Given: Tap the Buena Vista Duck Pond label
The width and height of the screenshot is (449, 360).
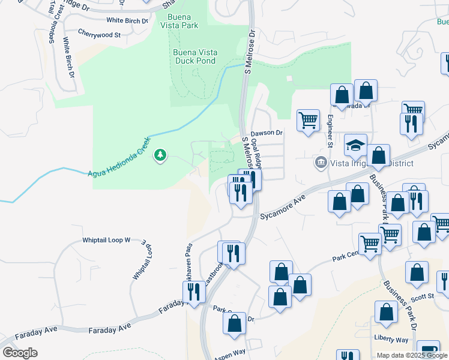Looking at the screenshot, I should pyautogui.click(x=195, y=56).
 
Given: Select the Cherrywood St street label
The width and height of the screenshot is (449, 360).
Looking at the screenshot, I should pyautogui.click(x=100, y=35).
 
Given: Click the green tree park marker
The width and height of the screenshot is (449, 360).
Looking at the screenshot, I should pyautogui.click(x=160, y=156).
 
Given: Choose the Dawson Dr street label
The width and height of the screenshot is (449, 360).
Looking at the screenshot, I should pyautogui.click(x=267, y=133).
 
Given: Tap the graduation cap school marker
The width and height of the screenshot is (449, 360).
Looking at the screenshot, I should pyautogui.click(x=355, y=145).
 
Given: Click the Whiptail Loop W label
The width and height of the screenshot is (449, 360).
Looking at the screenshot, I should pyautogui.click(x=106, y=240).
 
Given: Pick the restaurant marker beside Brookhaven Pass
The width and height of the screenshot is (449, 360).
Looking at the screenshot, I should pyautogui.click(x=193, y=292).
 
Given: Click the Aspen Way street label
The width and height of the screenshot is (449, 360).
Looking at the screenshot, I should pyautogui.click(x=230, y=354).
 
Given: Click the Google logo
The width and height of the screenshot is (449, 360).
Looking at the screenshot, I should pyautogui.click(x=20, y=353).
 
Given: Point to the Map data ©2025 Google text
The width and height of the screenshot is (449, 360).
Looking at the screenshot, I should pyautogui.click(x=412, y=355).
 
